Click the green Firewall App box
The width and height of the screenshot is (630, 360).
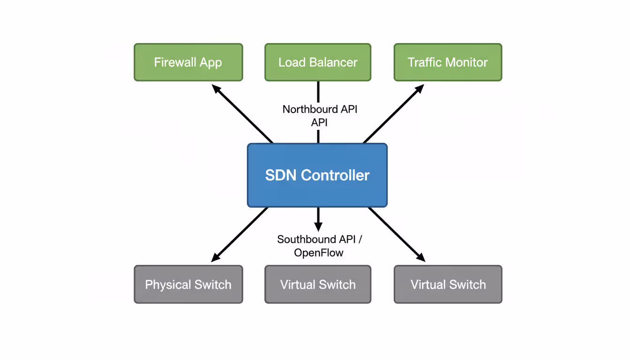click(188, 62)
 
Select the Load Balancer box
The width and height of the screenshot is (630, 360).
click(318, 62)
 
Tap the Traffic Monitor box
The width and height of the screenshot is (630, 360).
click(448, 62)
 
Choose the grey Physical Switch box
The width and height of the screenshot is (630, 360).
click(188, 285)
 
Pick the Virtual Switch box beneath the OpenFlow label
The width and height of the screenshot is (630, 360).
click(318, 285)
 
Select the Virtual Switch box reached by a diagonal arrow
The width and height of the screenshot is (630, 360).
click(448, 285)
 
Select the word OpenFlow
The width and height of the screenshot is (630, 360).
click(319, 253)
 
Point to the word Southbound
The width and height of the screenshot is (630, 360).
click(300, 240)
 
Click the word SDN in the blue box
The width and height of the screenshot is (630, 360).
click(281, 175)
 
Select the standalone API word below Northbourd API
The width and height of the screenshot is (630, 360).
click(319, 123)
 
